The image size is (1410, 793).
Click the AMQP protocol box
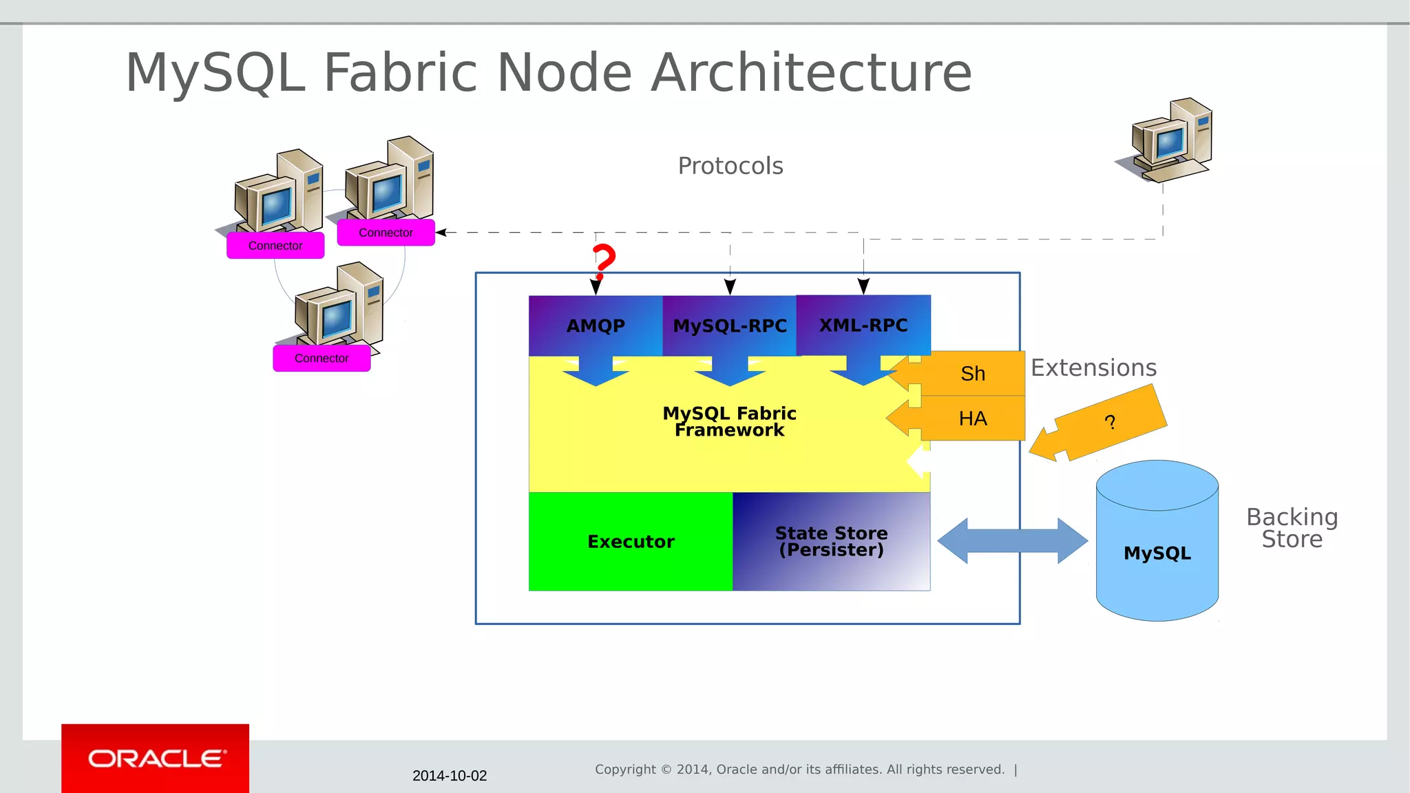pos(596,326)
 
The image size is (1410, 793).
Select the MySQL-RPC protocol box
pos(730,326)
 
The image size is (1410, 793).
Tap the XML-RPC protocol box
pos(863,325)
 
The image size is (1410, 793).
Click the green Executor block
pos(631,542)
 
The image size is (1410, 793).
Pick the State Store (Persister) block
pos(831,542)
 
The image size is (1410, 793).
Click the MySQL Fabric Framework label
pos(729,421)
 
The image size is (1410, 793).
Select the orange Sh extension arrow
pos(971,374)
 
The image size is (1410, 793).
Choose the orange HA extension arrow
pos(971,419)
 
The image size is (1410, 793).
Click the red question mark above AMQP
pos(604,260)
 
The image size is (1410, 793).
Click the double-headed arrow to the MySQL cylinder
pos(1012,541)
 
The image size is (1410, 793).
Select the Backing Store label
pos(1292,528)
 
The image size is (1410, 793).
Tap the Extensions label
pos(1093,368)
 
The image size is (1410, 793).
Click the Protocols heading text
pos(730,166)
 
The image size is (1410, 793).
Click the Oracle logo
pos(156,759)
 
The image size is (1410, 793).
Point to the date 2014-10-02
pos(450,776)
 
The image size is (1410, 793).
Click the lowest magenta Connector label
pos(322,359)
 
